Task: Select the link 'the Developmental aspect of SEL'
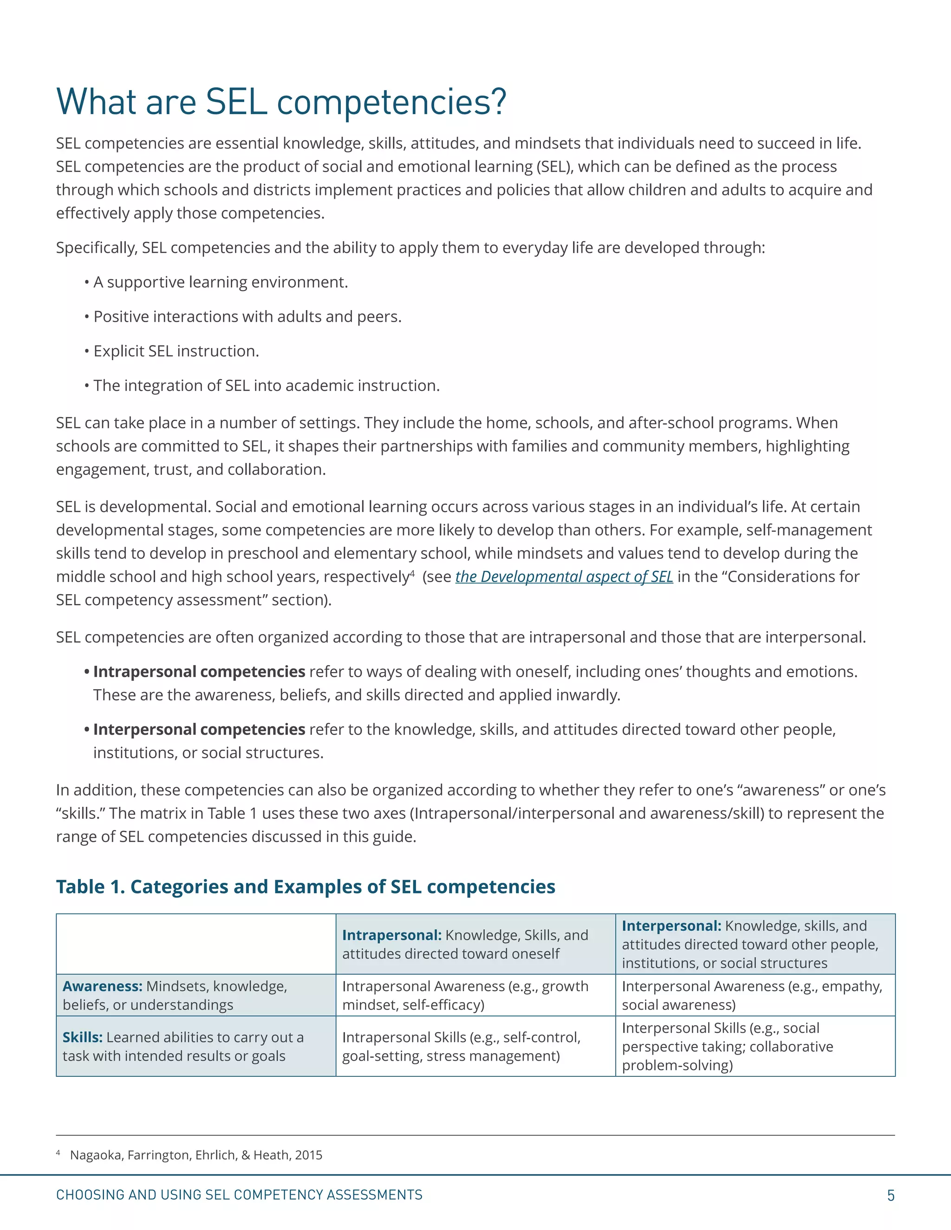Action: pyautogui.click(x=564, y=576)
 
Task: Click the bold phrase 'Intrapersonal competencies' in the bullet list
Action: pyautogui.click(x=199, y=672)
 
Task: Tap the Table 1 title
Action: pyautogui.click(x=306, y=887)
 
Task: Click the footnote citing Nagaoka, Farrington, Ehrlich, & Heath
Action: pyautogui.click(x=195, y=1155)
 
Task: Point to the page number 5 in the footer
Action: pyautogui.click(x=890, y=1196)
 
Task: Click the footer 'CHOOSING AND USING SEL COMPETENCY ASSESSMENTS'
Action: pyautogui.click(x=239, y=1195)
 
